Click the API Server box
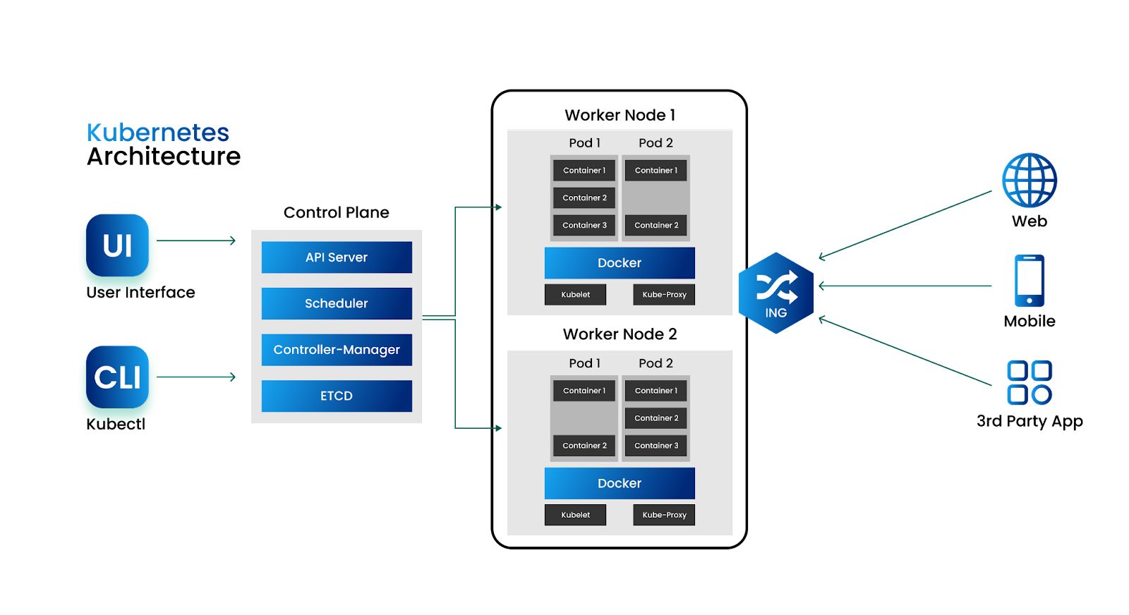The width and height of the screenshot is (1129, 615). pyautogui.click(x=337, y=257)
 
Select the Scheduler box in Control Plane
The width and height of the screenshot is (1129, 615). pyautogui.click(x=337, y=303)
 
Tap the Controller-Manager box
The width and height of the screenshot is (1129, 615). pyautogui.click(x=337, y=350)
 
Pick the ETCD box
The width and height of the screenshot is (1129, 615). pyautogui.click(x=337, y=396)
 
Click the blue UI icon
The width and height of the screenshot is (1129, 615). pyautogui.click(x=117, y=245)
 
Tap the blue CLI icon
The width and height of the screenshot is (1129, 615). pyautogui.click(x=117, y=377)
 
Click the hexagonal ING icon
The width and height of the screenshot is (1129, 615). pyautogui.click(x=775, y=293)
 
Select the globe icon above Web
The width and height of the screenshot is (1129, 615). pyautogui.click(x=1029, y=181)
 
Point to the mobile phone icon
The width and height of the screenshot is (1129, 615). pyautogui.click(x=1029, y=281)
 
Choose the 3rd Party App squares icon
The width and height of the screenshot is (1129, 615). pyautogui.click(x=1029, y=382)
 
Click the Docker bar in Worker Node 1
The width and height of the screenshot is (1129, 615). pyautogui.click(x=620, y=263)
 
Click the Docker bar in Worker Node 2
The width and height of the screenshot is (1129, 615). pyautogui.click(x=620, y=483)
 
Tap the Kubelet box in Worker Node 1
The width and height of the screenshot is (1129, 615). pyautogui.click(x=575, y=295)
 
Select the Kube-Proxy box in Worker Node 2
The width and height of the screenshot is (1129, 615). pyautogui.click(x=664, y=515)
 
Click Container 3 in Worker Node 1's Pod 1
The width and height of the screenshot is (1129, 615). pyautogui.click(x=584, y=226)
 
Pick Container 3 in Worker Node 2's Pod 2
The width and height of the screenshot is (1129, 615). pyautogui.click(x=656, y=446)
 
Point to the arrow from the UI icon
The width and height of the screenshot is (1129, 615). pyautogui.click(x=196, y=240)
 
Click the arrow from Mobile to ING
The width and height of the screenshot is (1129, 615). pyautogui.click(x=905, y=286)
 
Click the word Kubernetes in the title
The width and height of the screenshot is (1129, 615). pyautogui.click(x=158, y=133)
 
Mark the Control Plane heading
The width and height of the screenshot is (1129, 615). pyautogui.click(x=336, y=212)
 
